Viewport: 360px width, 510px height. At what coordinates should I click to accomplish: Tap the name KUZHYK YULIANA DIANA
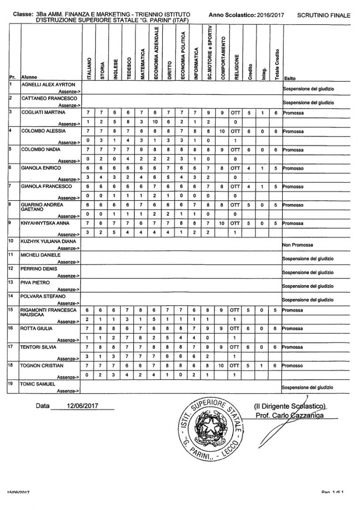(47, 241)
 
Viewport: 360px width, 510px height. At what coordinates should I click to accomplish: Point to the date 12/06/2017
(82, 406)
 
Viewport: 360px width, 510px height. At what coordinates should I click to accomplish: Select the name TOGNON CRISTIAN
(42, 365)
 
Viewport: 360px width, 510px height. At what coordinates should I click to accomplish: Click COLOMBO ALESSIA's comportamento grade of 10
(223, 131)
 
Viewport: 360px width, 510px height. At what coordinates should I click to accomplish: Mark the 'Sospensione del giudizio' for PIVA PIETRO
(308, 286)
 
